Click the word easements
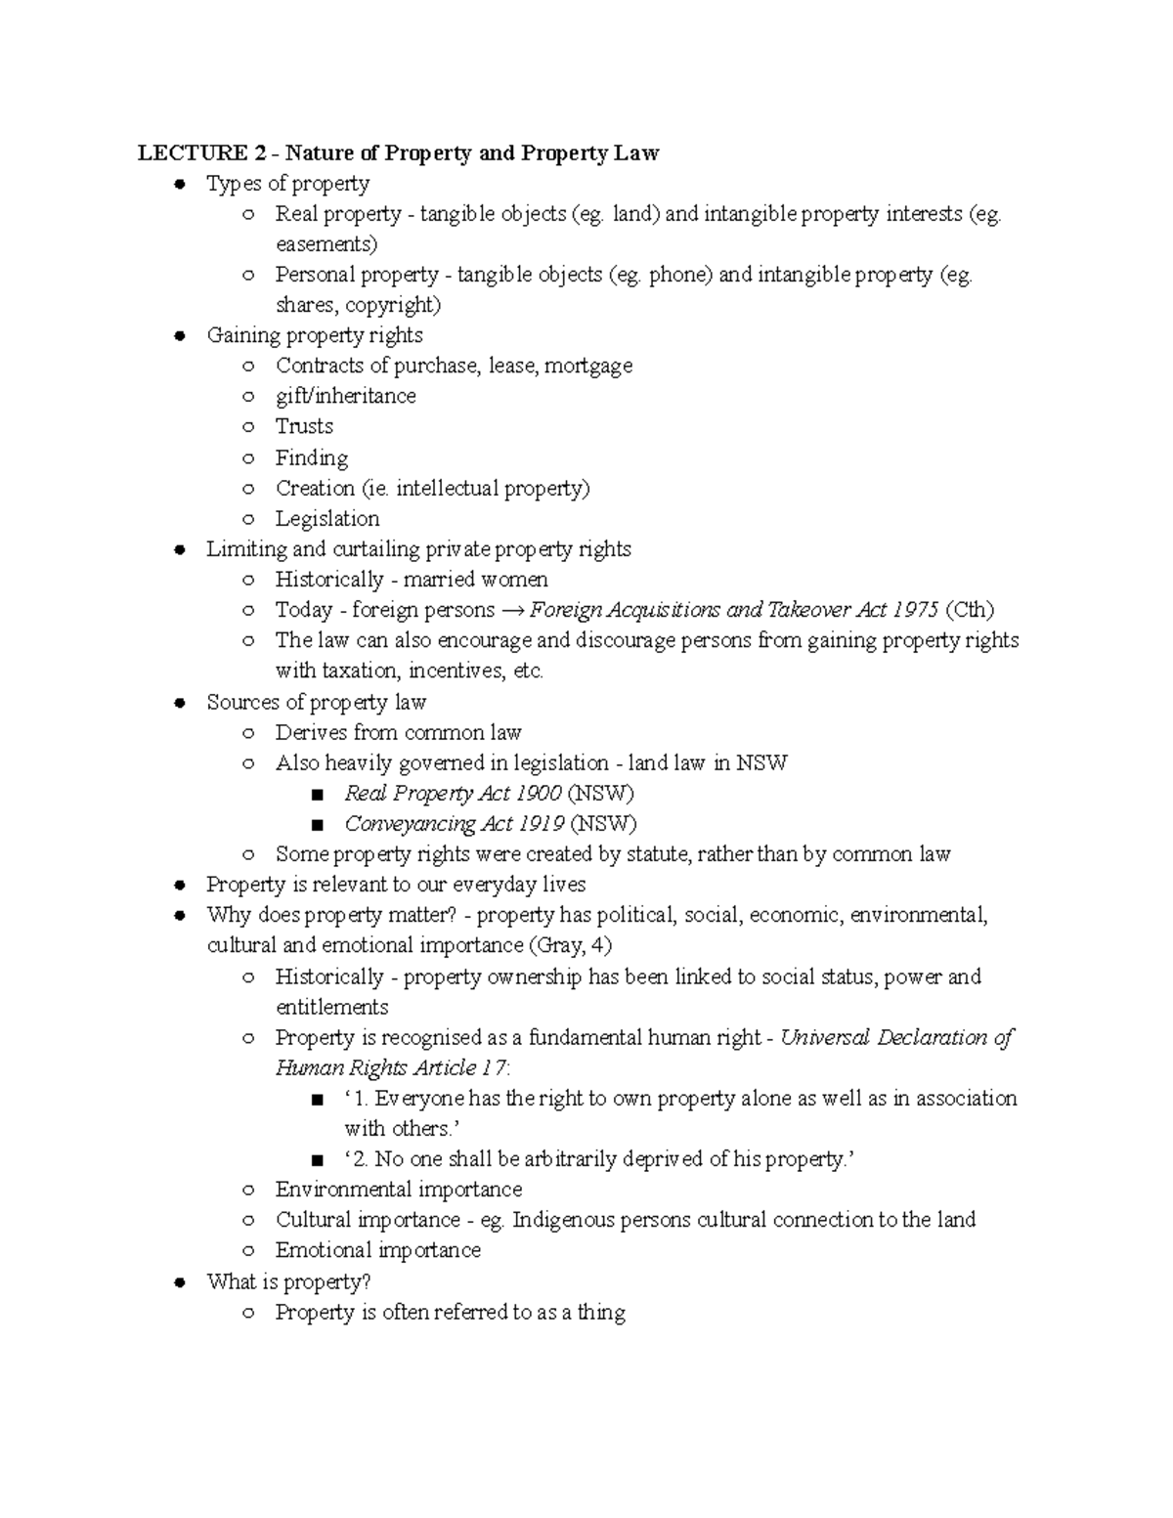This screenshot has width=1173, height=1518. [x=326, y=244]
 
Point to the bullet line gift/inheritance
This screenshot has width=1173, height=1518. [x=345, y=396]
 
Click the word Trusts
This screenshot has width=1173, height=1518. [x=304, y=426]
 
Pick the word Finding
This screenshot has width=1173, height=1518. [x=311, y=458]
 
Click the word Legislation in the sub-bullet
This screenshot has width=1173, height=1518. [x=326, y=519]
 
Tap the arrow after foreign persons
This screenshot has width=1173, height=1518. [x=512, y=611]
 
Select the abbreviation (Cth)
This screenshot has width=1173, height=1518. [x=970, y=610]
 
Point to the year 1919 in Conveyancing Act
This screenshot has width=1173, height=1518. [x=540, y=823]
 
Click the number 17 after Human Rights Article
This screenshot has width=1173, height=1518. [x=495, y=1068]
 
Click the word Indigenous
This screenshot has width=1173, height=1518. [x=563, y=1220]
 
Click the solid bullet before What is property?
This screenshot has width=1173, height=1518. [x=179, y=1282]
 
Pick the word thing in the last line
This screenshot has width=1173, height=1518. [x=601, y=1313]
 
